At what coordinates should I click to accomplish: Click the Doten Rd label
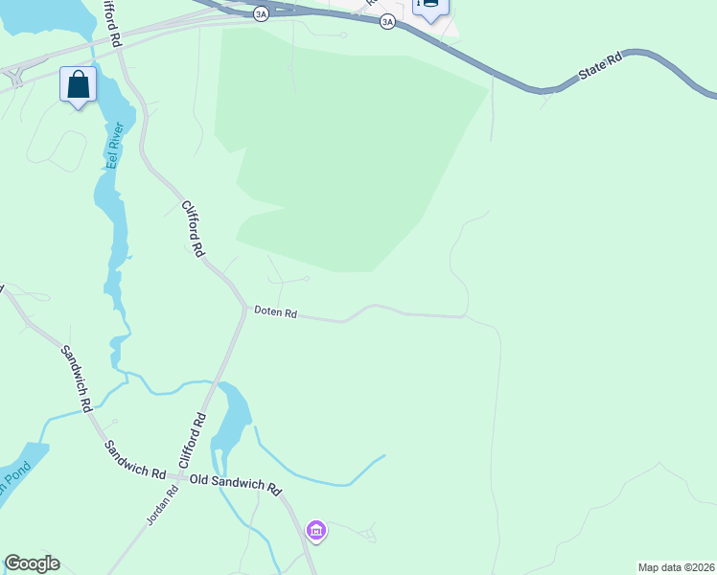coord(275,312)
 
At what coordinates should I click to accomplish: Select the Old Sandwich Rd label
coord(235,483)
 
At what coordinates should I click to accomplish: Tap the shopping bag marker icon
coord(78,84)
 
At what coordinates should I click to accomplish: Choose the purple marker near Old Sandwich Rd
coord(316,530)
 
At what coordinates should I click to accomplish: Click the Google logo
coord(32,563)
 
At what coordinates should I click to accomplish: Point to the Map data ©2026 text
coord(676,567)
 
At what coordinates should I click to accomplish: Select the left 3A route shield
coord(261,14)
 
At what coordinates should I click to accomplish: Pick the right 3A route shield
coord(386,20)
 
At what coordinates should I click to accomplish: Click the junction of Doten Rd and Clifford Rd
coord(243,309)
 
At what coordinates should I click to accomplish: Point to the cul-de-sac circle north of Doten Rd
coord(306,279)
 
